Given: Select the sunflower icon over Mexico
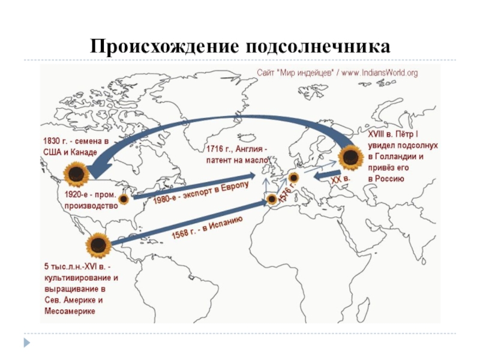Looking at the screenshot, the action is pyautogui.click(x=97, y=244).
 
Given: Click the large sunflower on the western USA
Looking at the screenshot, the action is pyautogui.click(x=76, y=176).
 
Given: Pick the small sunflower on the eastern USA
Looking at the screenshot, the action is pyautogui.click(x=124, y=198).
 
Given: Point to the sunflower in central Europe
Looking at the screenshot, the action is pyautogui.click(x=293, y=178).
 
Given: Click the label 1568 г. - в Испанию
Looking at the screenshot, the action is pyautogui.click(x=207, y=228).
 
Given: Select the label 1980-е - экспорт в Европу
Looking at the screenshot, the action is pyautogui.click(x=200, y=193).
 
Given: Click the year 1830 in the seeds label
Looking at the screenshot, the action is pyautogui.click(x=51, y=141).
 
